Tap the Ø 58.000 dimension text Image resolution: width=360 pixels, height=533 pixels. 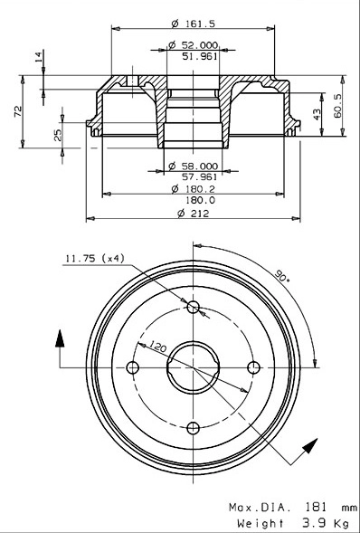click(x=192, y=166)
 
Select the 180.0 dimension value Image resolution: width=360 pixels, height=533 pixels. click(x=195, y=200)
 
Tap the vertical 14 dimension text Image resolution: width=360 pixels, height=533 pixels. click(x=38, y=57)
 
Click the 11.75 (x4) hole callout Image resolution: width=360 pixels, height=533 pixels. click(x=93, y=259)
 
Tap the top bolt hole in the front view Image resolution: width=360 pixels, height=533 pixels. click(x=192, y=308)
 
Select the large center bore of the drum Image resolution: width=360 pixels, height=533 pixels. click(x=192, y=366)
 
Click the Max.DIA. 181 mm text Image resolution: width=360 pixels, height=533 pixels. click(x=292, y=508)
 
